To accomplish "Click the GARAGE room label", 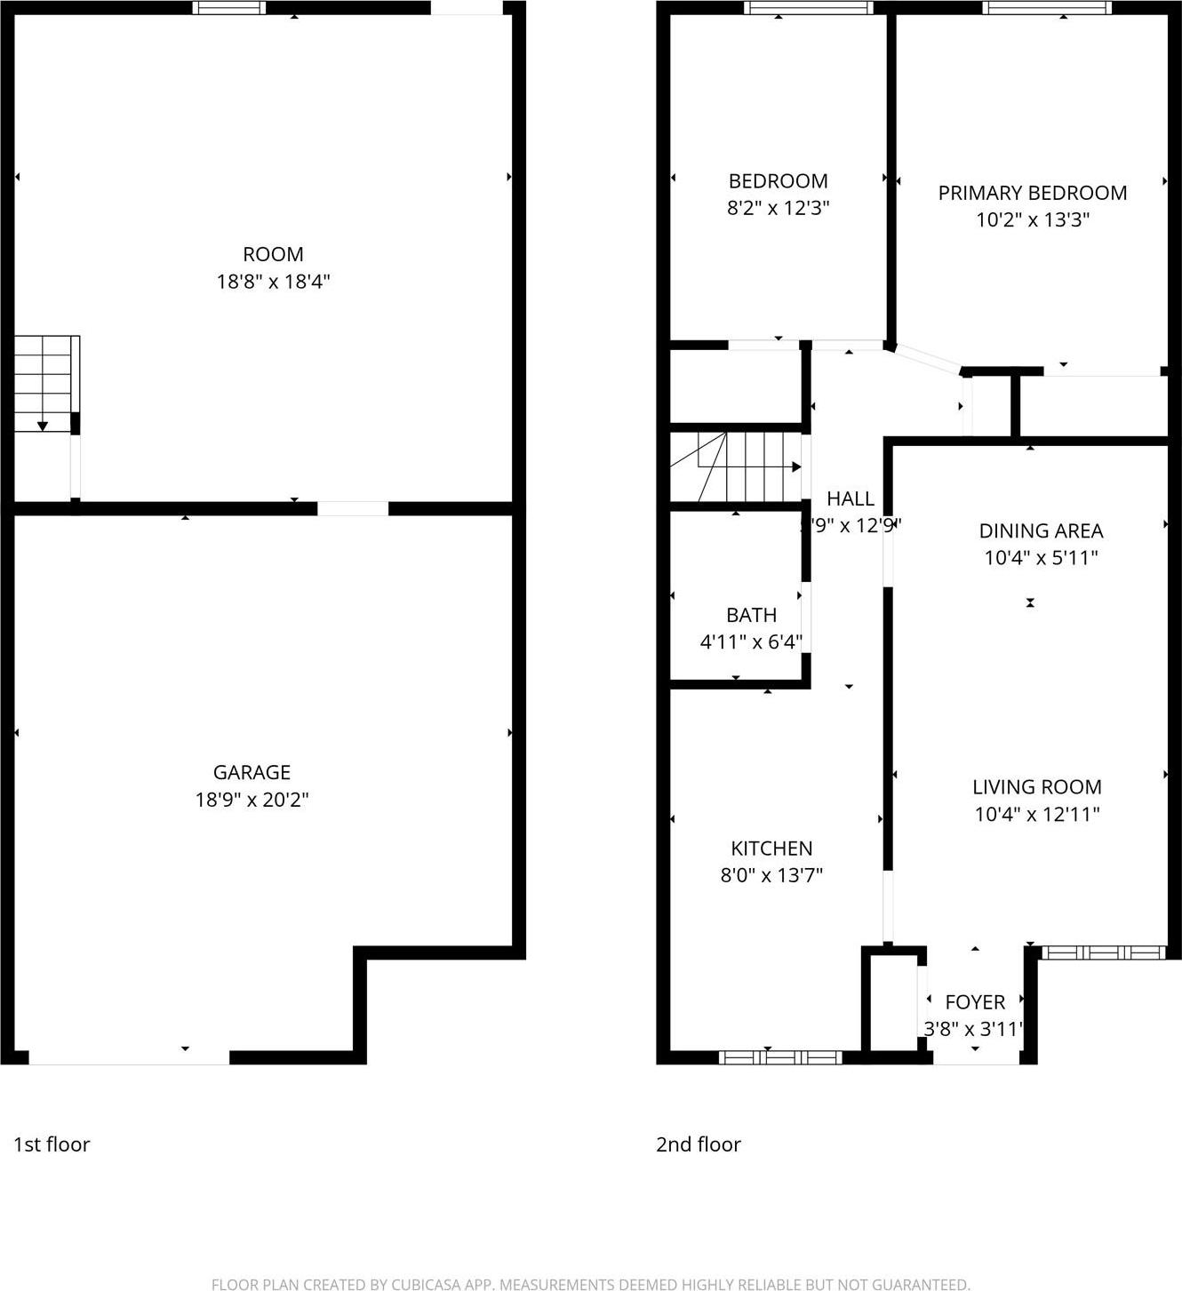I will coord(252,772).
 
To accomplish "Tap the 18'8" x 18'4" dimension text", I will coord(273,282).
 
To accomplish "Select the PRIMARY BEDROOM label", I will coord(1032,193).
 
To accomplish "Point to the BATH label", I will coord(751,615).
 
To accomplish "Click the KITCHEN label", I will coord(771,849).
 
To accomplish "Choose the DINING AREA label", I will coord(1041,530).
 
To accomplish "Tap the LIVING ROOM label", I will coord(1036,786).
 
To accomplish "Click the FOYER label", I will coord(975,1002).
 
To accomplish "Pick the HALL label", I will coord(851,498).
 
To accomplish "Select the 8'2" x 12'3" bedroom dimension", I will coord(778,208).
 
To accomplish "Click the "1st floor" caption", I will coord(52,1144).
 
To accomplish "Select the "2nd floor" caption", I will coord(699,1144).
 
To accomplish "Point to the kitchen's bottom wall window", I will coord(779,1056).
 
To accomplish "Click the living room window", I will coord(1102,952).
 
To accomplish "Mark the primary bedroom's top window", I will coord(1046,8).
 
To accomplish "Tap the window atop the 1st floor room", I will coord(229,8).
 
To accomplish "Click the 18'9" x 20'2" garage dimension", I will coord(252,800).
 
